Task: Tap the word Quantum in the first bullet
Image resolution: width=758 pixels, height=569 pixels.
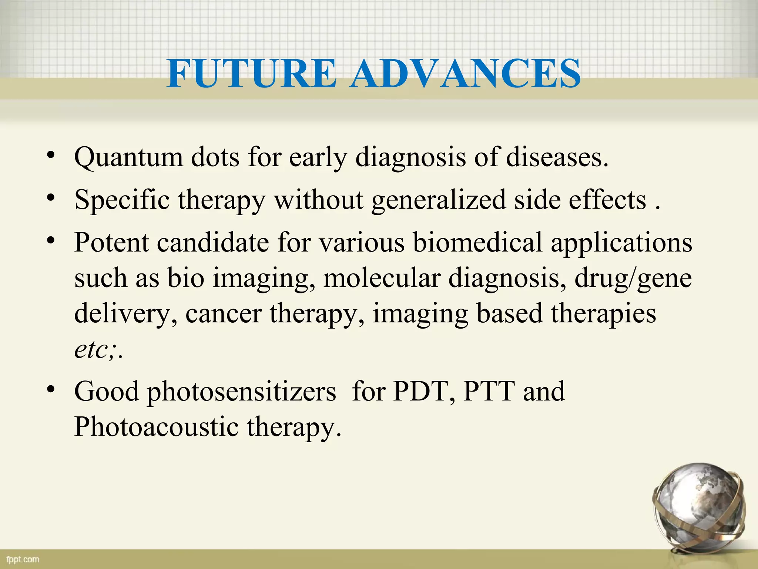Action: [x=128, y=157]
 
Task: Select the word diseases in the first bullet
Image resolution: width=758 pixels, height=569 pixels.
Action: [x=557, y=157]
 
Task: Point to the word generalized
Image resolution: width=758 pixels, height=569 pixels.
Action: [x=438, y=200]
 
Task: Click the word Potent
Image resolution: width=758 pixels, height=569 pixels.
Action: [x=111, y=243]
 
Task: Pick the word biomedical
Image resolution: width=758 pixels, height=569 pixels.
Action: [x=477, y=243]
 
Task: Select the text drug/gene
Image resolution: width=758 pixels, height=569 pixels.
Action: [x=633, y=279]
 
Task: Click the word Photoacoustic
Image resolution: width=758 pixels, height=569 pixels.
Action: [x=156, y=427]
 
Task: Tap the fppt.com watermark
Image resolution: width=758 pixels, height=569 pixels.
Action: [x=23, y=559]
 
